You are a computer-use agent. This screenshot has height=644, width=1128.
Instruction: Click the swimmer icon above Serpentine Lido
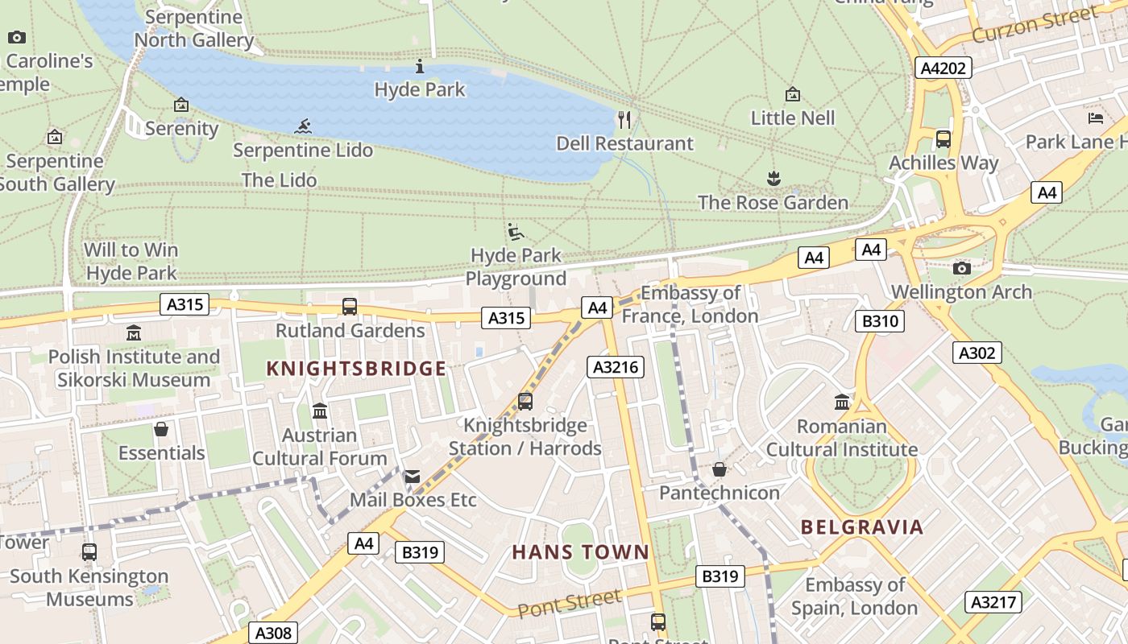pos(303,126)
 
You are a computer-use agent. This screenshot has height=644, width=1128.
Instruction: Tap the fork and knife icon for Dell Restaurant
pos(624,120)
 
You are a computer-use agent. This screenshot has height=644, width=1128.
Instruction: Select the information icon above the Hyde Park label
pos(419,66)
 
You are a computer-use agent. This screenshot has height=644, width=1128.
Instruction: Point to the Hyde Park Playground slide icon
pos(516,233)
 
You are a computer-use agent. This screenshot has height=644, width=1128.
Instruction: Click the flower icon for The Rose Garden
pos(773,178)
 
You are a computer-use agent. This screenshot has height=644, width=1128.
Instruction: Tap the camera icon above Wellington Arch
pos(961,268)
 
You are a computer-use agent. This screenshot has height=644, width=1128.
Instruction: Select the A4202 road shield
pos(943,68)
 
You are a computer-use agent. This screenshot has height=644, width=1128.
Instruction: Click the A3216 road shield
pos(616,367)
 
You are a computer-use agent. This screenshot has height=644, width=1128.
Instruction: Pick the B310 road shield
pos(879,322)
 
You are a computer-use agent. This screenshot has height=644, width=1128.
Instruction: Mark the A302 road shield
pos(977,353)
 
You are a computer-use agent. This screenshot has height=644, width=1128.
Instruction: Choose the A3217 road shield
pos(993,602)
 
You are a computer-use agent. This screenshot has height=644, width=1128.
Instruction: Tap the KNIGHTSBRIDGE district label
pos(356,369)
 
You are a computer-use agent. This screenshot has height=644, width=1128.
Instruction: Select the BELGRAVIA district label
pos(862,527)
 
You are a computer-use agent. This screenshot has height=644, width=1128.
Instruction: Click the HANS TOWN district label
pos(580,552)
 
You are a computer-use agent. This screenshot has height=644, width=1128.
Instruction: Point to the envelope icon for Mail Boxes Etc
pos(413,477)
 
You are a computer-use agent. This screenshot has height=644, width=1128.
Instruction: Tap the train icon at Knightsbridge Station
pos(525,401)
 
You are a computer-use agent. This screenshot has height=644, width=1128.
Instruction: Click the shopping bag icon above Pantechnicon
pos(720,469)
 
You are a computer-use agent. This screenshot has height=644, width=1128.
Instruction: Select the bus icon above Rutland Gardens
pos(350,307)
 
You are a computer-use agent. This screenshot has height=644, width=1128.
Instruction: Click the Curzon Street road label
pos(1034,25)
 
